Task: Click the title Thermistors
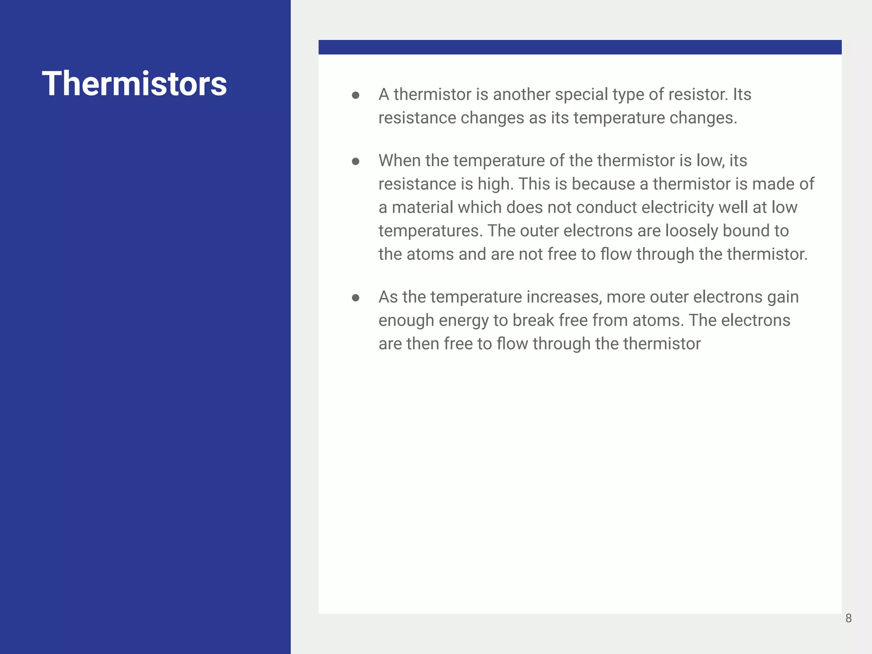pyautogui.click(x=134, y=83)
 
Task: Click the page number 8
pyautogui.click(x=849, y=618)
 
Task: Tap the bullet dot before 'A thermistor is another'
pyautogui.click(x=356, y=95)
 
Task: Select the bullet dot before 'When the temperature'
pyautogui.click(x=356, y=161)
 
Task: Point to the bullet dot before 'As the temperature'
pyautogui.click(x=356, y=298)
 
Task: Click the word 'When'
pyautogui.click(x=399, y=161)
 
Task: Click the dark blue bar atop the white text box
pyautogui.click(x=580, y=47)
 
